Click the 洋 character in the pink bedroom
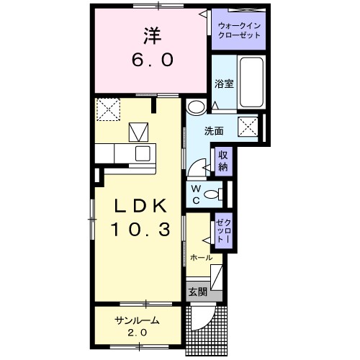click(x=152, y=35)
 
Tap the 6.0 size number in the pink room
click(x=153, y=60)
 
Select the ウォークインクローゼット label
click(x=239, y=30)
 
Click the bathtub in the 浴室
click(x=251, y=82)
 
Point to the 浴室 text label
click(x=224, y=84)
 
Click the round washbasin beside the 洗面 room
click(x=197, y=107)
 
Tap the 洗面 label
click(x=214, y=131)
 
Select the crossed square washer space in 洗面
click(x=248, y=127)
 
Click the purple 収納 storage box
click(x=224, y=161)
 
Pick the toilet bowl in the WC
click(x=213, y=194)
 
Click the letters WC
click(x=196, y=194)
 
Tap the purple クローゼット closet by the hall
click(x=224, y=230)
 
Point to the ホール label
click(x=201, y=258)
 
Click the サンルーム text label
click(x=137, y=320)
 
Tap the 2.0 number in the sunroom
click(x=137, y=333)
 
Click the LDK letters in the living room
click(x=140, y=207)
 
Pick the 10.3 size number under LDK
click(x=140, y=229)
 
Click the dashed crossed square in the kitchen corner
click(x=108, y=109)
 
